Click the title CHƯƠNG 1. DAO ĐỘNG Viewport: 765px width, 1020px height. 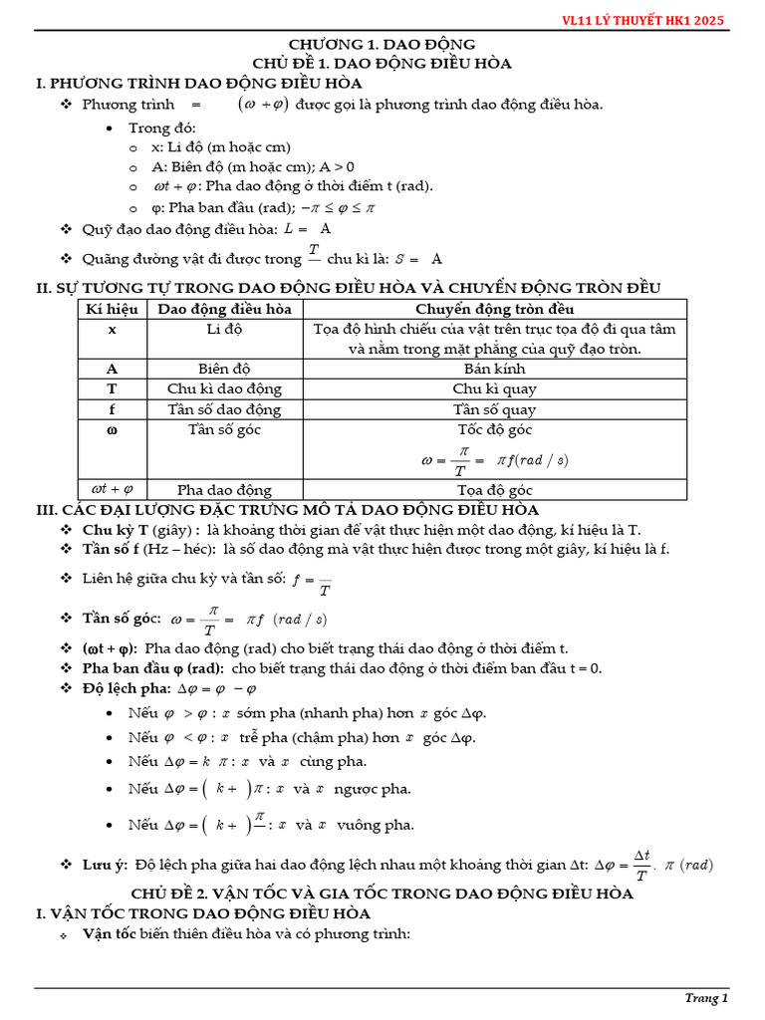382,45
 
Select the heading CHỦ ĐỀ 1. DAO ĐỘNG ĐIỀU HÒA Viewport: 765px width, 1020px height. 382,64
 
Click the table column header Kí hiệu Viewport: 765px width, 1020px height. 112,310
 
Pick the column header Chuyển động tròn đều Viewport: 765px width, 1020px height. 494,310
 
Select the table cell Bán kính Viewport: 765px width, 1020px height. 494,369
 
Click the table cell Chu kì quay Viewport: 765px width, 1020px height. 494,389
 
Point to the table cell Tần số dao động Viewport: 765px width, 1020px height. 224,410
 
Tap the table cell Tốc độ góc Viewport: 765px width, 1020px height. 494,430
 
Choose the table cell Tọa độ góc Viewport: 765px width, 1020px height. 494,490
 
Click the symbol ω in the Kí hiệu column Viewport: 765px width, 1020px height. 112,430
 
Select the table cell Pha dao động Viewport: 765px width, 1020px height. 224,490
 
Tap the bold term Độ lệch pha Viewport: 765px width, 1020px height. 128,689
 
